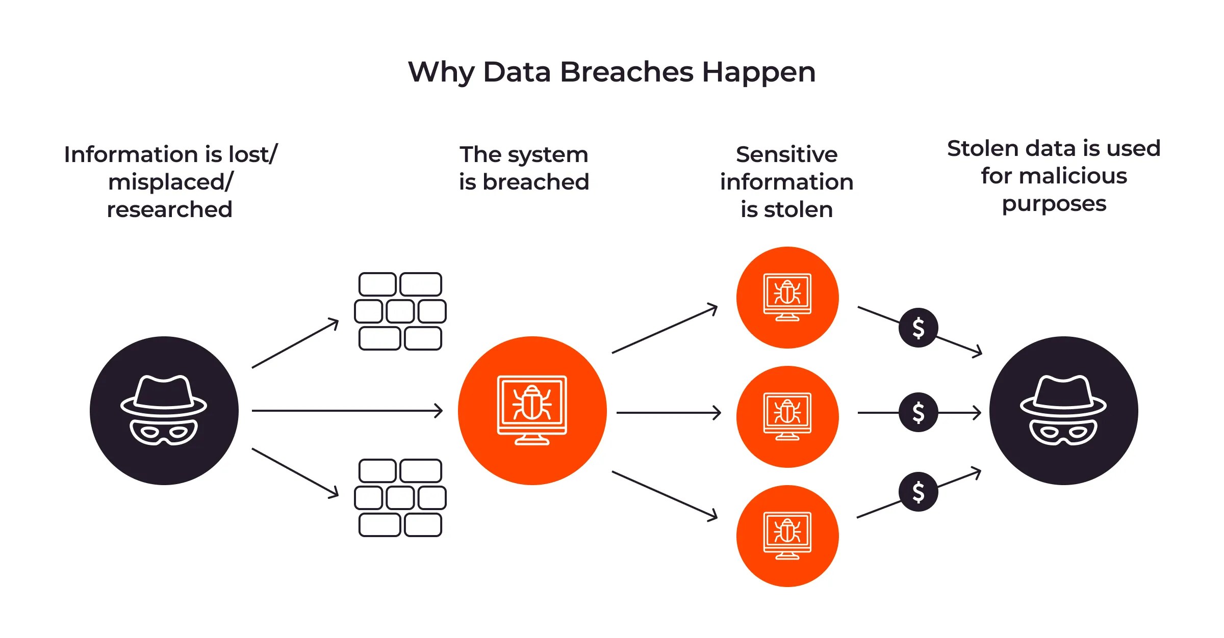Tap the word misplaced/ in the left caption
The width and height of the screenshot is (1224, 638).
170,182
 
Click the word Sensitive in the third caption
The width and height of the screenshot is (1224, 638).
786,154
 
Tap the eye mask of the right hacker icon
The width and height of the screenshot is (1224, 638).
1063,432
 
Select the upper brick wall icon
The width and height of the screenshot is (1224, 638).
400,311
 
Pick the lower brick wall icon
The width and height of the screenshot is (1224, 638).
400,498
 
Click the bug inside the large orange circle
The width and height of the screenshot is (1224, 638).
532,403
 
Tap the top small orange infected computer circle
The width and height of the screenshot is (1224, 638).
787,298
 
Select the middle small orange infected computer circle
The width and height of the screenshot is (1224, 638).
787,416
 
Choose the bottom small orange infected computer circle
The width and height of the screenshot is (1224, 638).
787,536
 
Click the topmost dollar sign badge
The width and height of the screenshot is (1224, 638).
918,328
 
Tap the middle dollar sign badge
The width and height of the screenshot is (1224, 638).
918,412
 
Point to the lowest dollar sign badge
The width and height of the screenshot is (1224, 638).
918,492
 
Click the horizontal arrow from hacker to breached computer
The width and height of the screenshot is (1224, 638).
347,410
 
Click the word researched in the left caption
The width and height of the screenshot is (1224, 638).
169,209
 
